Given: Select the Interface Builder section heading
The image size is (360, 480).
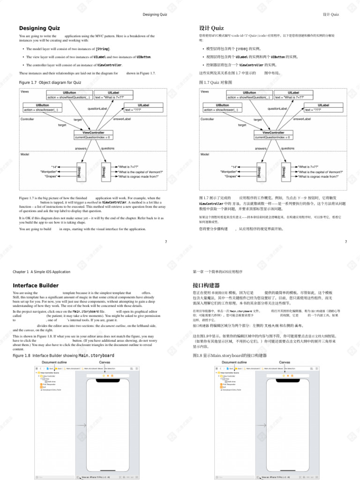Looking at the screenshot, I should pos(36,285).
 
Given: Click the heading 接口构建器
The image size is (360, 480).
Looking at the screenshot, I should pos(206,285).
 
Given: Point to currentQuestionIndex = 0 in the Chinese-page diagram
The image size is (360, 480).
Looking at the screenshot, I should pos(273,137).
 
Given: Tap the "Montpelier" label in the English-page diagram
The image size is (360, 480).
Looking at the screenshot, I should pos(49,172).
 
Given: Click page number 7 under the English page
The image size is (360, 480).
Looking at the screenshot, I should pos(165,242).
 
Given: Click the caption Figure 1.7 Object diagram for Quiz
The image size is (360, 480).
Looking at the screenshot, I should pos(50,82).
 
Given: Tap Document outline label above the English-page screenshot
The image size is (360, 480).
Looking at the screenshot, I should pos(54,362).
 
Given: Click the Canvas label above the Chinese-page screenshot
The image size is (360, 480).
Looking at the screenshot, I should pos(285,362).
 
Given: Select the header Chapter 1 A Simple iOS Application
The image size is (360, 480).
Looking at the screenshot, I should pos(42,272).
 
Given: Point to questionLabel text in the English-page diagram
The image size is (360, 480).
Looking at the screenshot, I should pos(97,108).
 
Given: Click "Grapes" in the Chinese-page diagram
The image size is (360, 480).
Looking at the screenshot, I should pos(230,177).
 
